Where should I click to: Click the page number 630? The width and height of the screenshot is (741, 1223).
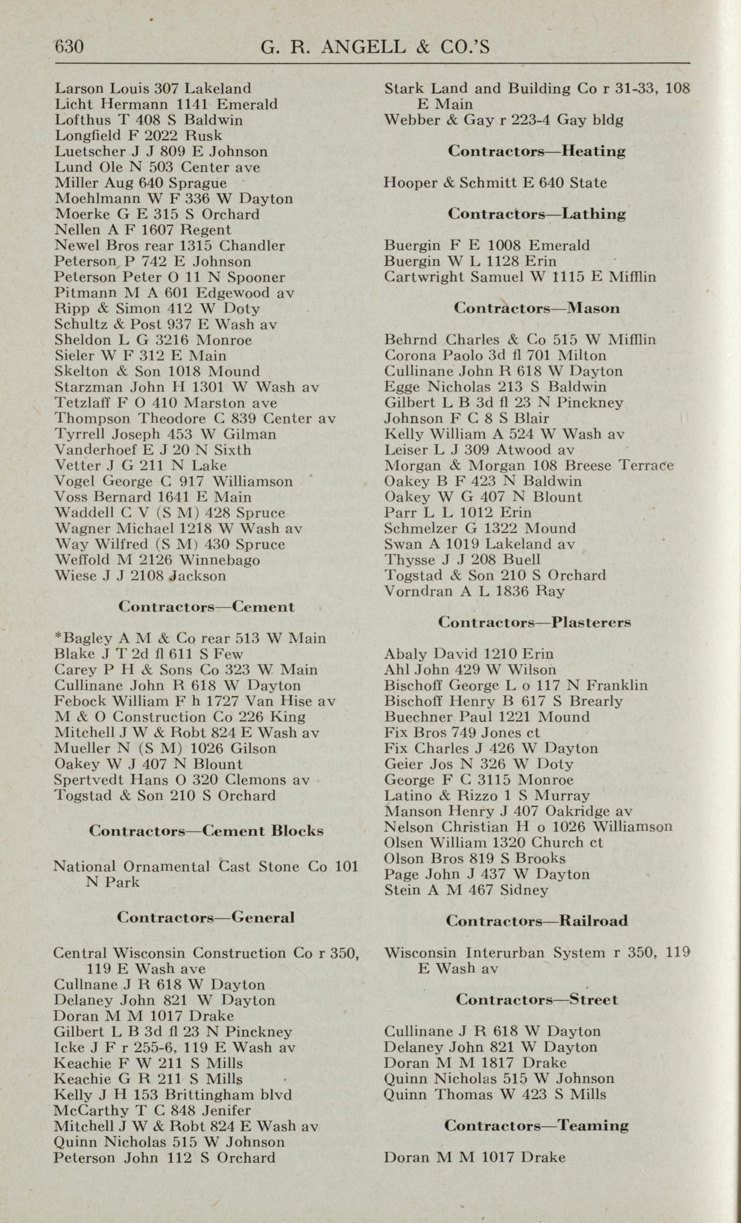click(69, 46)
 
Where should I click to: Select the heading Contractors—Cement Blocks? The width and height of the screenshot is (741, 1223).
click(206, 830)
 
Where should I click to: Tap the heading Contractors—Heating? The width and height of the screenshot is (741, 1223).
click(536, 151)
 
